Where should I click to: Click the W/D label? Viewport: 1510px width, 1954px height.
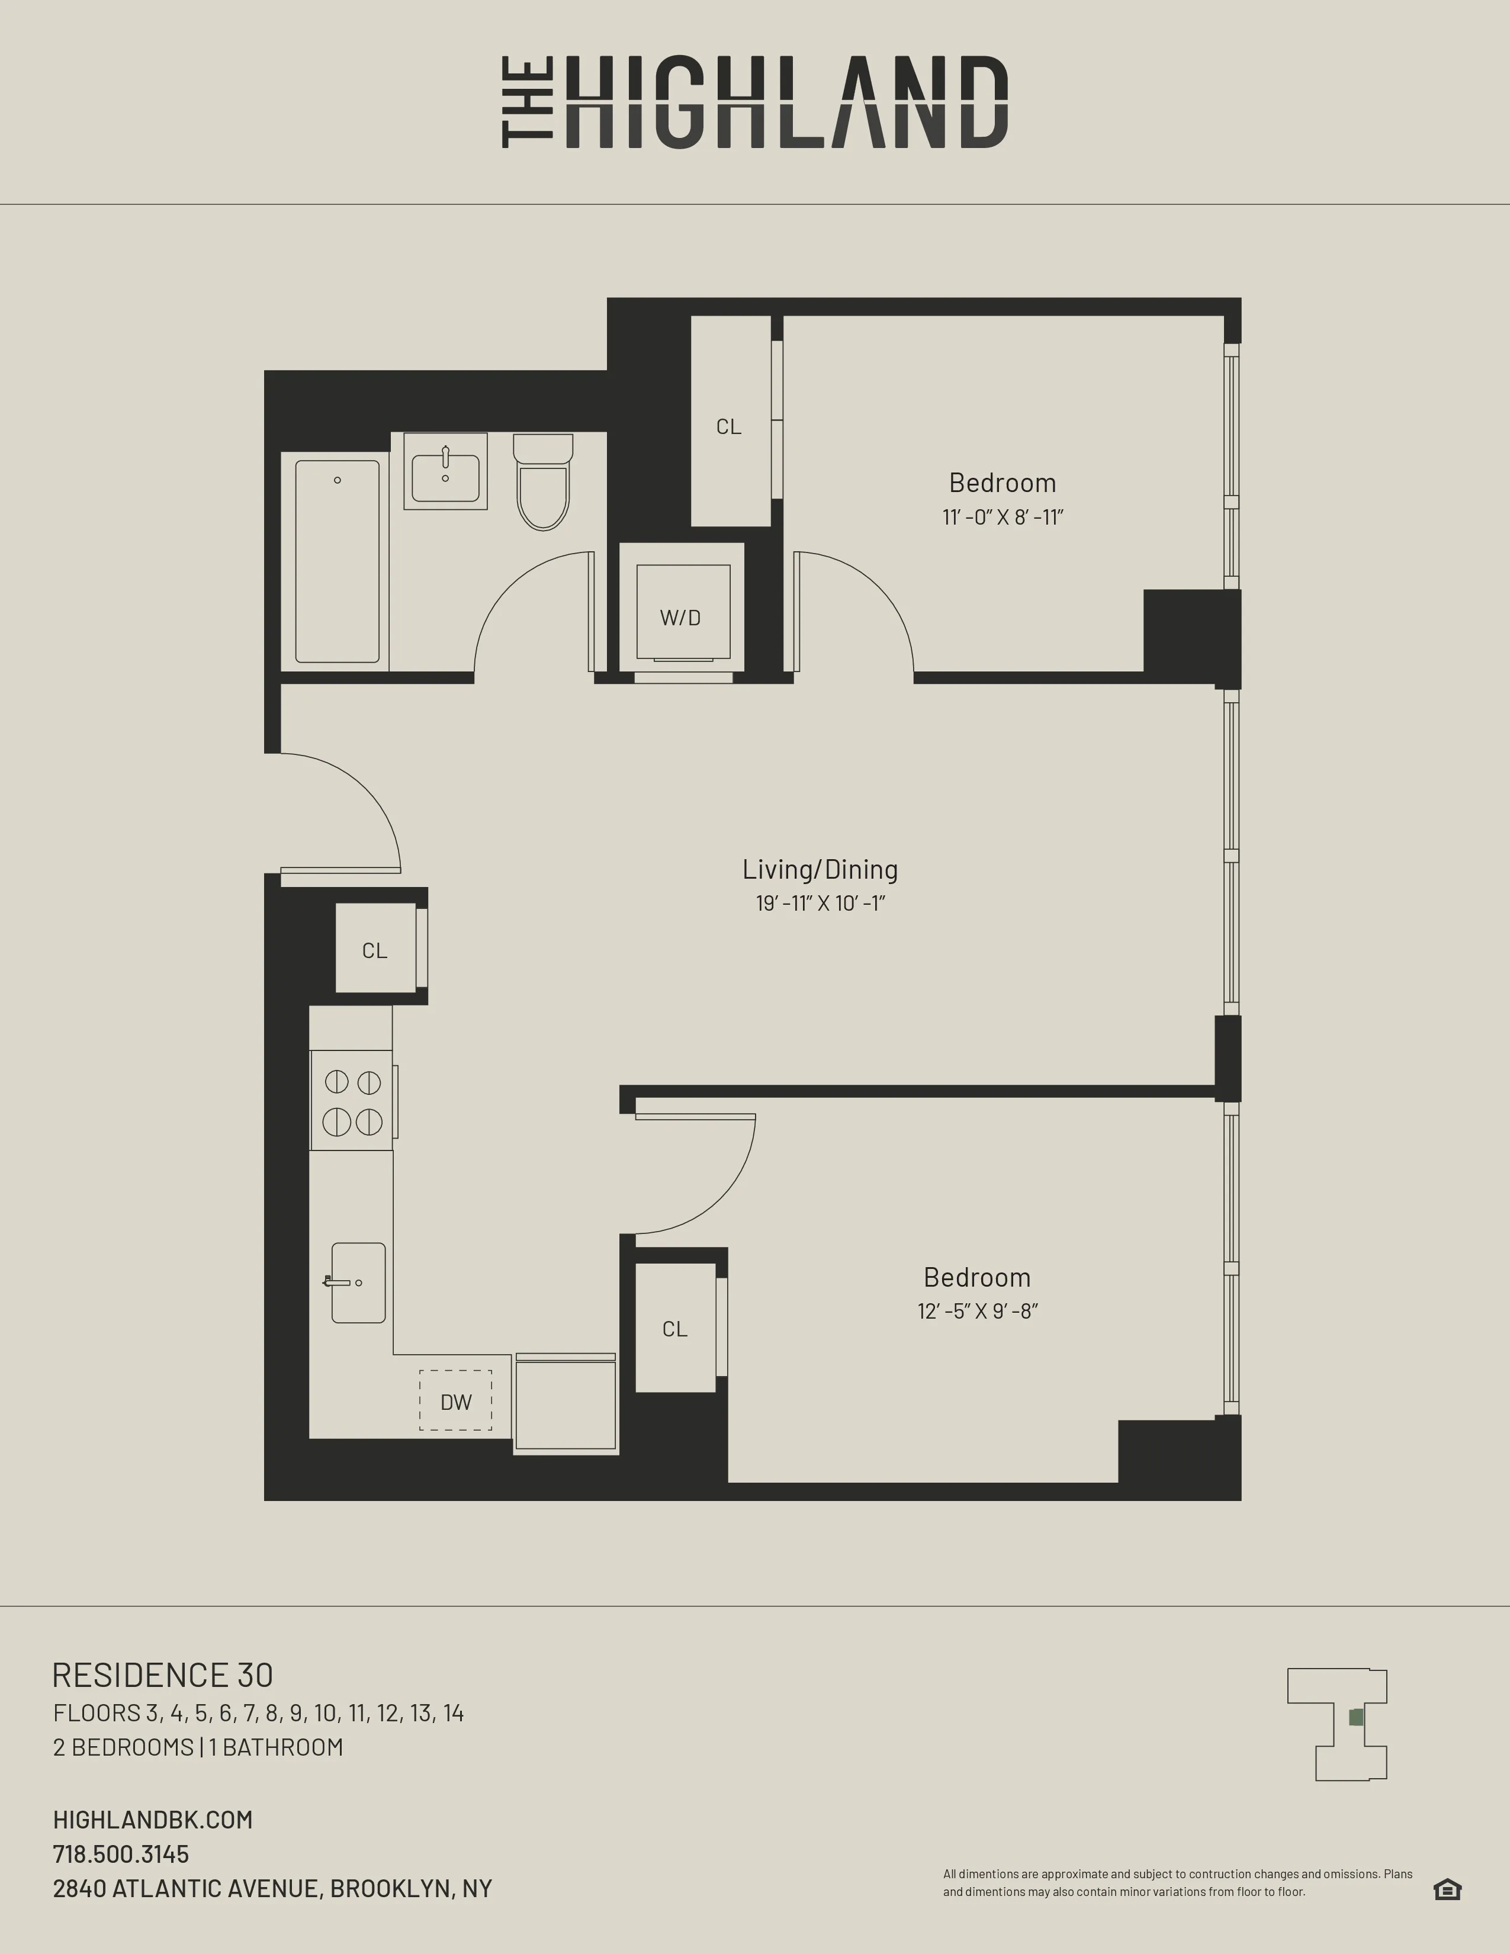coord(680,618)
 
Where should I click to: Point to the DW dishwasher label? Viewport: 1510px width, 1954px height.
coord(455,1402)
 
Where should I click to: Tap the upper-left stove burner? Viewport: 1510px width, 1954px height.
coord(336,1082)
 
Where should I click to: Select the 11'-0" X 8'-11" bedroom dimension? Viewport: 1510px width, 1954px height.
coord(1002,517)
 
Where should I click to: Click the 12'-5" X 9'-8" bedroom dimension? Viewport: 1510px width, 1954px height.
coord(977,1312)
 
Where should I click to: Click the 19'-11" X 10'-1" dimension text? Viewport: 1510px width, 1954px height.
coord(820,904)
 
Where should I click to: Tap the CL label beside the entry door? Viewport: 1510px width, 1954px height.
coord(375,950)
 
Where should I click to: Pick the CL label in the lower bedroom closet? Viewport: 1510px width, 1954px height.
coord(674,1329)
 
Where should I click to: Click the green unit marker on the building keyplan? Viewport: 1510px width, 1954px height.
coord(1356,1717)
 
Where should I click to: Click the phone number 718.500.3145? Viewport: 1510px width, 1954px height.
coord(121,1854)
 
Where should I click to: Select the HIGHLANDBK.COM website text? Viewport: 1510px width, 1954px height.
coord(153,1820)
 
